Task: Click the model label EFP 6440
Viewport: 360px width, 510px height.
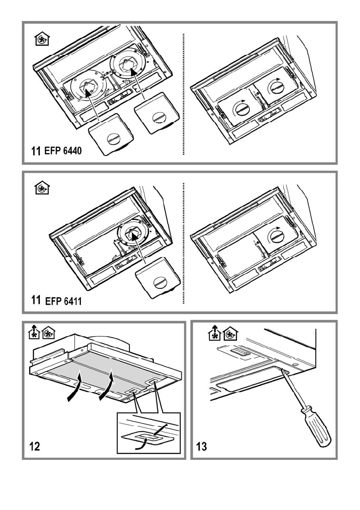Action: tap(63, 151)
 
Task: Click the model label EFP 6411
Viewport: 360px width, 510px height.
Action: tap(63, 301)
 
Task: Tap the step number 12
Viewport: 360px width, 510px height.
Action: tap(34, 446)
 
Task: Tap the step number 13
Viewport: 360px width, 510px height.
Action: tap(201, 446)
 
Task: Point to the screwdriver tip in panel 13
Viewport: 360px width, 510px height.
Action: tap(282, 370)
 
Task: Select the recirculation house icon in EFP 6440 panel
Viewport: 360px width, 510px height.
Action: tap(42, 39)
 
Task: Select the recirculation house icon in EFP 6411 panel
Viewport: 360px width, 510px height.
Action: tap(42, 188)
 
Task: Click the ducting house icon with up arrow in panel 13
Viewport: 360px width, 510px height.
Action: tap(214, 333)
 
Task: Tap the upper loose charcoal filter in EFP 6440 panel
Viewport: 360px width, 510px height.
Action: tap(157, 114)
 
